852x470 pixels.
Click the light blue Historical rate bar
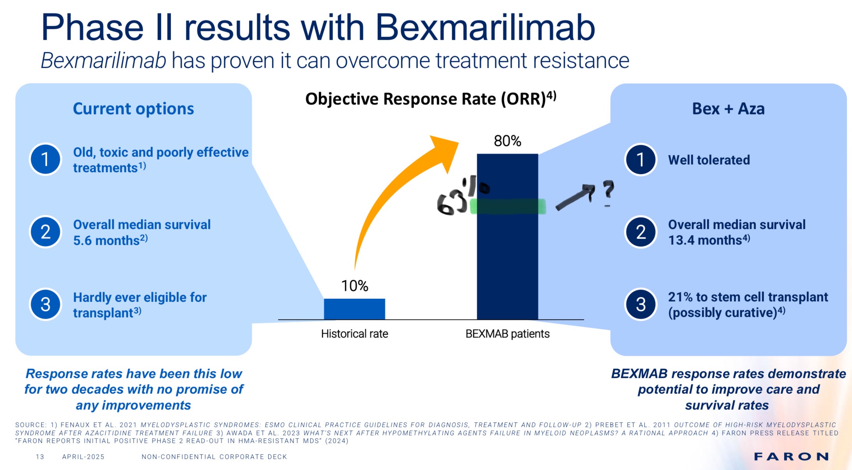[x=354, y=309]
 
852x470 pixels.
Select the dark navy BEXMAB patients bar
[x=507, y=265]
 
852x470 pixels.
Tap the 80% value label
[x=507, y=141]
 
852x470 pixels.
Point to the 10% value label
[x=354, y=286]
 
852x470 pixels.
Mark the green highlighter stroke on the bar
[x=508, y=206]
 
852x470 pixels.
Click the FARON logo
[x=791, y=456]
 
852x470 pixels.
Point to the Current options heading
[x=133, y=109]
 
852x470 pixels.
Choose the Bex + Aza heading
[x=728, y=109]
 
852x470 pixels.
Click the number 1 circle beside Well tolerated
[x=641, y=160]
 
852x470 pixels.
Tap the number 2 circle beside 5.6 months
[x=46, y=232]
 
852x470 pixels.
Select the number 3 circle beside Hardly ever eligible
[x=46, y=304]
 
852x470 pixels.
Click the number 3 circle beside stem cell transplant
[x=641, y=304]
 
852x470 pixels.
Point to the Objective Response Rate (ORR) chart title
[x=430, y=98]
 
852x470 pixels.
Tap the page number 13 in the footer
[x=40, y=457]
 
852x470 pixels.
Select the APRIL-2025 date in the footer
[x=83, y=457]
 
